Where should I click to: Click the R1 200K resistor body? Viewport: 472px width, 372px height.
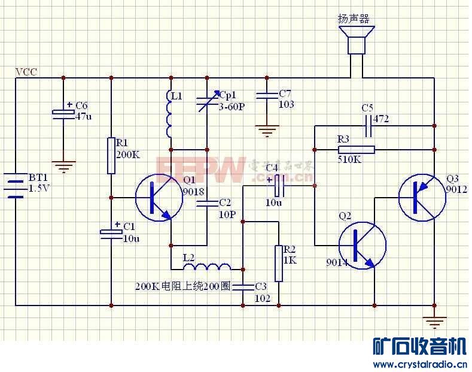[x=111, y=156]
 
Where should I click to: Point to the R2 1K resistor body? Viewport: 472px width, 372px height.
[x=279, y=263]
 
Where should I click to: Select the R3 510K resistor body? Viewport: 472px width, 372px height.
[x=356, y=149]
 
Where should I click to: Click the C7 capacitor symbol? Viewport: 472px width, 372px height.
[x=266, y=96]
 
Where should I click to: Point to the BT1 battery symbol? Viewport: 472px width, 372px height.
[x=16, y=185]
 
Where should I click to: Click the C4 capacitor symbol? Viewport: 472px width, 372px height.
[x=278, y=186]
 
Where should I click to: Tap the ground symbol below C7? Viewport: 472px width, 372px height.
[x=266, y=129]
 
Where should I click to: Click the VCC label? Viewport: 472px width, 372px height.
[x=26, y=72]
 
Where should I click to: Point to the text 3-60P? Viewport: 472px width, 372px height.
[x=232, y=107]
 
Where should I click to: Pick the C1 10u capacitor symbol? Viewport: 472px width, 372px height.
[x=111, y=232]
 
